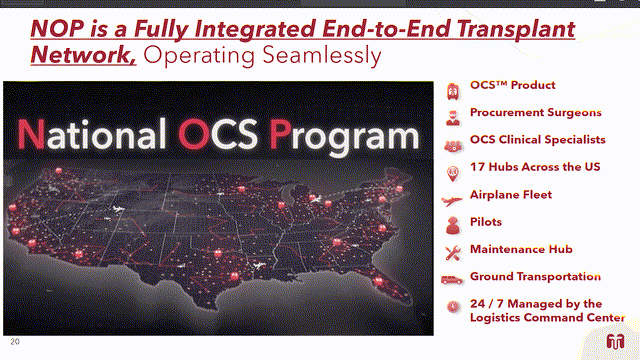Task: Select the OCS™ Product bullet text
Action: pos(513,86)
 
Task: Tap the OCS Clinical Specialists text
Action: pos(539,140)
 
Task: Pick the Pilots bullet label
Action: pos(486,222)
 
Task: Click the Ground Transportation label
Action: pos(535,276)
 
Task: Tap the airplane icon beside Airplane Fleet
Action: pos(452,195)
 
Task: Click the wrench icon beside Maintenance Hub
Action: pos(452,249)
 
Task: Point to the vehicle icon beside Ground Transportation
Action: pos(452,277)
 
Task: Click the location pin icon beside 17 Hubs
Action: pos(452,168)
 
